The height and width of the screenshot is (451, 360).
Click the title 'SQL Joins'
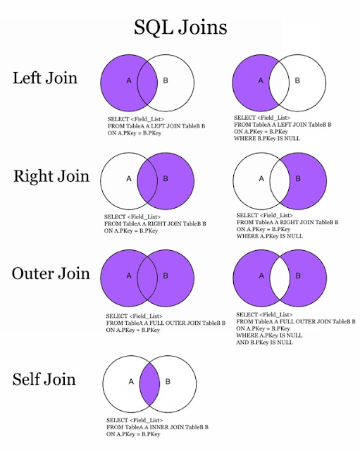180,27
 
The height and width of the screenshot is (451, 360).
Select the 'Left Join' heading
45,78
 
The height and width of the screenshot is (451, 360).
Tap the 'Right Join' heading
51,176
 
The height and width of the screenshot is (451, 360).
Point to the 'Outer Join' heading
51,273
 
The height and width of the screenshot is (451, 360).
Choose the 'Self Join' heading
44,379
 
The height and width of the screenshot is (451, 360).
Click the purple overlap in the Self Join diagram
149,383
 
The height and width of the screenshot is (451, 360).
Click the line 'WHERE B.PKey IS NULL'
267,138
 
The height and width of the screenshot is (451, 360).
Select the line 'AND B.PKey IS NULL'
264,342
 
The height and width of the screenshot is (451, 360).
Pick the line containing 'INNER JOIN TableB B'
157,427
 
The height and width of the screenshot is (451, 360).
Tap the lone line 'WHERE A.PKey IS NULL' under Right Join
270,236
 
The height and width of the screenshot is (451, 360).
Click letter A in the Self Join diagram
131,382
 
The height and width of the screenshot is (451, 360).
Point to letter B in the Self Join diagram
168,382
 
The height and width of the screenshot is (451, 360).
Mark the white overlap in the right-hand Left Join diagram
279,83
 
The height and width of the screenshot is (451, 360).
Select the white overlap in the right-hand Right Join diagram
280,181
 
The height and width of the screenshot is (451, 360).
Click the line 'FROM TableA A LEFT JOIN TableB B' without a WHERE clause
156,126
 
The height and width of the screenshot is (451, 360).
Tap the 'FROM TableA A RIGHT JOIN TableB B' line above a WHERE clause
287,223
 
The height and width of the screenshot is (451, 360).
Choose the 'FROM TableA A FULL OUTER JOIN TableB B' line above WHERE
296,321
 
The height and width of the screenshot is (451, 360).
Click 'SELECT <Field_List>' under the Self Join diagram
135,420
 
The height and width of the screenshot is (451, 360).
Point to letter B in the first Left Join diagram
166,80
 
